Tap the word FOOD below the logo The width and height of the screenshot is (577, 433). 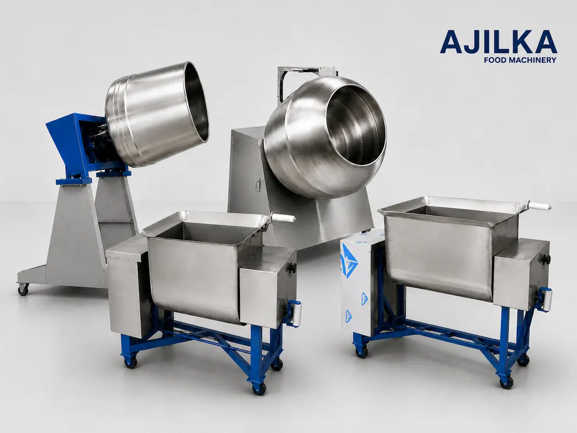point(493,60)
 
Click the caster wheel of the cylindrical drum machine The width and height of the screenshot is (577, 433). point(23,290)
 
